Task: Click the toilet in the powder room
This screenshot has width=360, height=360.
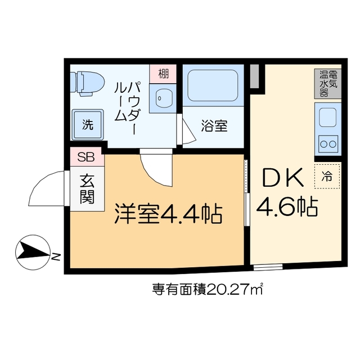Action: (x=87, y=82)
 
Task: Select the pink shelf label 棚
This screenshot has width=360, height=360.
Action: (x=163, y=73)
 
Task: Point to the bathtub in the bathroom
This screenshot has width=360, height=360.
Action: (x=213, y=85)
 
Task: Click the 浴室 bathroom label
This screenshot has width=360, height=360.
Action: (x=214, y=126)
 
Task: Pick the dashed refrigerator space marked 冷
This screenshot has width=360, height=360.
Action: (x=327, y=175)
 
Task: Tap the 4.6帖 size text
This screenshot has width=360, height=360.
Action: (x=287, y=208)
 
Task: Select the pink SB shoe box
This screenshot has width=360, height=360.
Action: (x=86, y=157)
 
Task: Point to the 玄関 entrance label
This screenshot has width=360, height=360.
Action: (x=87, y=188)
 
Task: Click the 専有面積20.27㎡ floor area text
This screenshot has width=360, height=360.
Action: (x=208, y=290)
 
